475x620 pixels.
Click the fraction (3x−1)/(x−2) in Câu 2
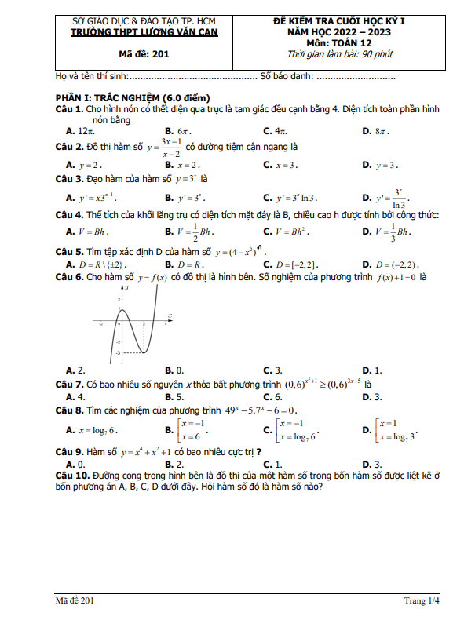tap(169, 148)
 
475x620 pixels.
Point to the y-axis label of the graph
tap(126, 288)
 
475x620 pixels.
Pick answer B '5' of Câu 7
tap(181, 397)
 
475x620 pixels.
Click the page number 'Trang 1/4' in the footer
tap(422, 601)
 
